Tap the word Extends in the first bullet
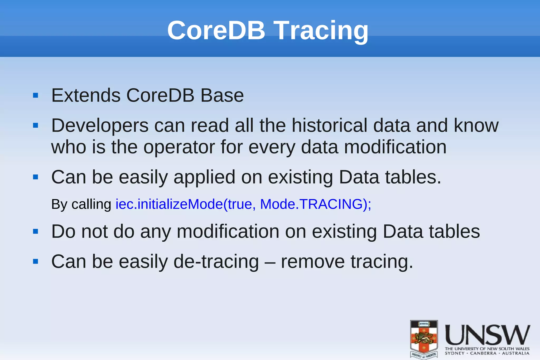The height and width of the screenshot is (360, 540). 86,95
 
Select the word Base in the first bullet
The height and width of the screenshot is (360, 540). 222,95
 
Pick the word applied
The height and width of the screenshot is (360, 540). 204,177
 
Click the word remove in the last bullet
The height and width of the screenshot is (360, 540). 313,262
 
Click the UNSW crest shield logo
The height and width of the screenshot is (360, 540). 424,339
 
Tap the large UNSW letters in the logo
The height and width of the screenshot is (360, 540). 487,335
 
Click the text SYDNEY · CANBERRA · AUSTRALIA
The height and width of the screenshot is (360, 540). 487,353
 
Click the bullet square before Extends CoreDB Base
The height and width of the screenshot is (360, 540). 36,95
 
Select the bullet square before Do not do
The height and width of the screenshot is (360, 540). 36,232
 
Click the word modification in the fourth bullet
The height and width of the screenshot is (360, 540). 228,232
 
